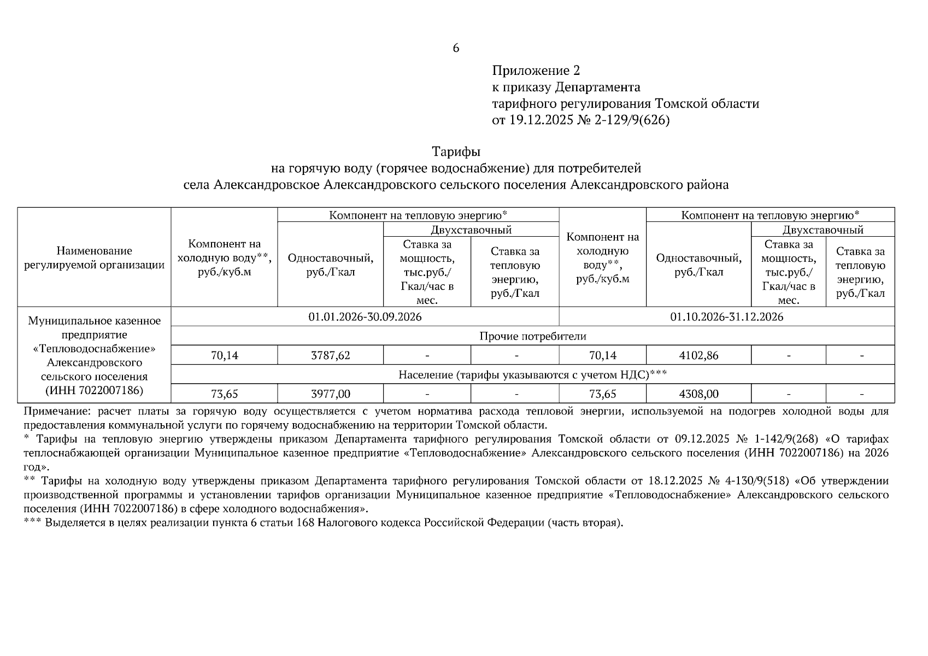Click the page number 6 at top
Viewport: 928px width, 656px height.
coord(456,48)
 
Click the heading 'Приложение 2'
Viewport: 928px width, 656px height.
coord(536,71)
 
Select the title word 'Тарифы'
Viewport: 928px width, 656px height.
coord(456,151)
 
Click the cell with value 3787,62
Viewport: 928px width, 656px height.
coord(330,355)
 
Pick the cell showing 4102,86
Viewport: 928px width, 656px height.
coord(698,355)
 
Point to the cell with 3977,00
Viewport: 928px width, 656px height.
coord(330,394)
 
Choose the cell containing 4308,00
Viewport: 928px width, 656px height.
coord(698,394)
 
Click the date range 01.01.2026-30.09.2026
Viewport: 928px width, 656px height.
coord(365,317)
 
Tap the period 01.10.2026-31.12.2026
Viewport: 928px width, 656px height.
coord(726,317)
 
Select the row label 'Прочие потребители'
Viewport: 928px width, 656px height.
coord(532,336)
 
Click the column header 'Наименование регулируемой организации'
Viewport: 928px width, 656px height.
coord(94,258)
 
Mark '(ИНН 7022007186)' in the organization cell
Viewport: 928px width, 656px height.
coord(94,390)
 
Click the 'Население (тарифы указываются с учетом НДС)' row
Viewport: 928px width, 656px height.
coord(532,374)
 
